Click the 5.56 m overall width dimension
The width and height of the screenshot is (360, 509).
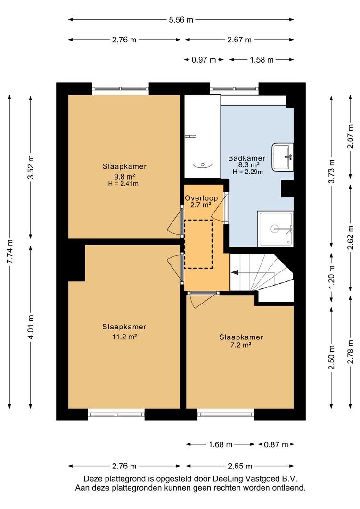tap(181, 20)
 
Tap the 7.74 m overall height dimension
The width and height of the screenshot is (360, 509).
tap(10, 252)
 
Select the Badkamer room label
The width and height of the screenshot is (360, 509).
tap(247, 158)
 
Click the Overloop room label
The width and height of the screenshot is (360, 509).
tap(201, 198)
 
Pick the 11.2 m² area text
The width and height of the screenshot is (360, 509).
tap(124, 337)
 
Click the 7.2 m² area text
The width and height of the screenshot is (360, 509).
tap(241, 345)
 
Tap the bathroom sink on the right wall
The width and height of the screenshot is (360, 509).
tap(282, 157)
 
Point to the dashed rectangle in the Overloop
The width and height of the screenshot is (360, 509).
tap(198, 245)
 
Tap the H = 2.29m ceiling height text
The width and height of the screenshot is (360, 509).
tap(247, 172)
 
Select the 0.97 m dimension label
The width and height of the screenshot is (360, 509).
tap(204, 60)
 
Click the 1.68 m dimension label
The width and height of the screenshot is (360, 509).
tap(221, 444)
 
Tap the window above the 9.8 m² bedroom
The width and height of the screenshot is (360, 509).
tap(121, 88)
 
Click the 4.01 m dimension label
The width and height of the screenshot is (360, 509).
tap(31, 327)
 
